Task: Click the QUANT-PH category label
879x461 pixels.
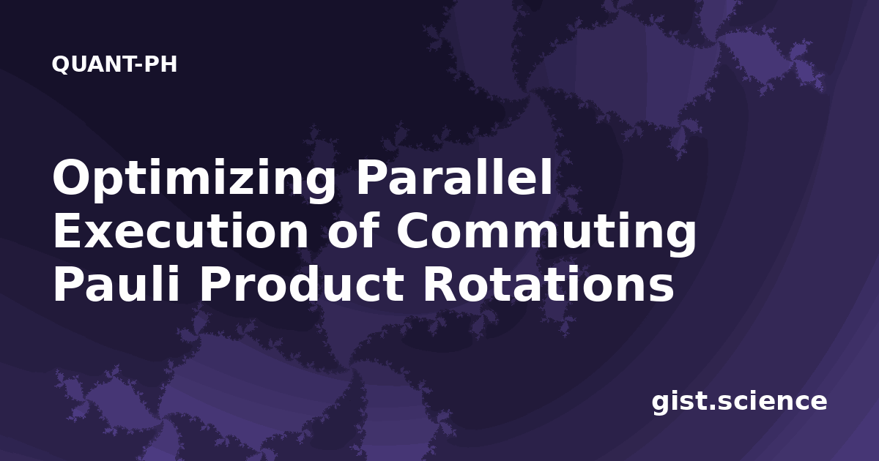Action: (x=114, y=64)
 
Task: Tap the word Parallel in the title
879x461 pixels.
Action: (x=454, y=177)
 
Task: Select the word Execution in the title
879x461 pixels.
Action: (x=180, y=230)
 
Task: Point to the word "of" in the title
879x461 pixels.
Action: (x=353, y=230)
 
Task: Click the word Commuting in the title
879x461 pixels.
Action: (x=546, y=234)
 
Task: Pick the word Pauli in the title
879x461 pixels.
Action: (x=116, y=283)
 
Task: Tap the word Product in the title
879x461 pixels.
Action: (x=301, y=283)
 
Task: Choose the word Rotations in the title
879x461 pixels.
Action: (x=548, y=284)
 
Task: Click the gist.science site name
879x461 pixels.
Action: (x=739, y=402)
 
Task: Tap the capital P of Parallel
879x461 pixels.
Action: (x=371, y=177)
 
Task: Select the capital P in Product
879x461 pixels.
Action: (x=215, y=284)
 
